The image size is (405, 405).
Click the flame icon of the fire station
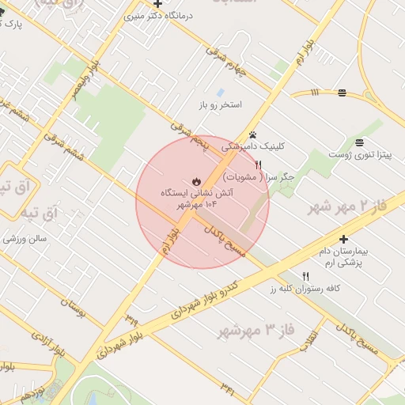195,180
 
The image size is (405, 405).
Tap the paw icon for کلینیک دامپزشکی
252,134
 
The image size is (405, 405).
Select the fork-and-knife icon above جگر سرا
258,165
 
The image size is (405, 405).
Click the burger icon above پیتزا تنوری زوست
360,142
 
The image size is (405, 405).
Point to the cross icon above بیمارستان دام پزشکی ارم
343,239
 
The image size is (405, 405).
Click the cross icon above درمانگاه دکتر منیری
158,5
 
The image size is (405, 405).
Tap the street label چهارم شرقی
226,62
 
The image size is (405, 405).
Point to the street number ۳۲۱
229,388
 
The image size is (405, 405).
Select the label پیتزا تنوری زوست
361,154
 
